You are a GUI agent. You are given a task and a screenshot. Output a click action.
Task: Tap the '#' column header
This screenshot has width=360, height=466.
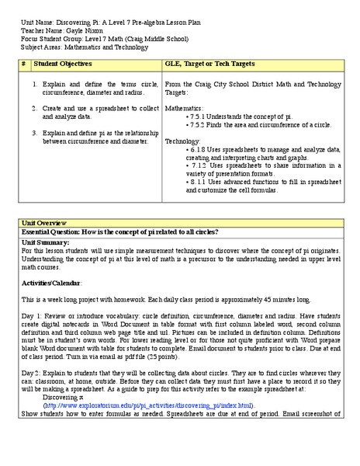pyautogui.click(x=23, y=63)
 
